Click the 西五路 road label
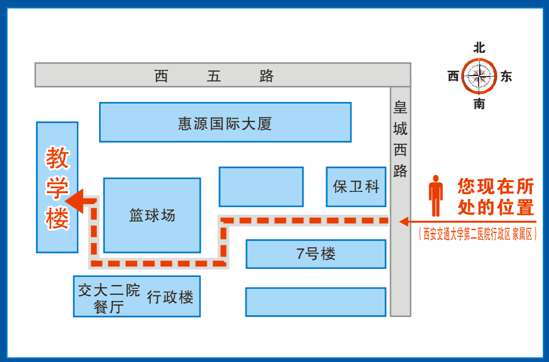(x=214, y=76)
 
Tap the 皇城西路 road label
(x=400, y=139)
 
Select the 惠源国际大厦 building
(x=225, y=124)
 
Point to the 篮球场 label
(x=152, y=215)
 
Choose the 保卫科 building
(x=356, y=187)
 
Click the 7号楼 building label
(x=316, y=254)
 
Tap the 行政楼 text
(x=170, y=297)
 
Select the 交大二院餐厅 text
(x=109, y=298)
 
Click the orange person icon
(x=435, y=196)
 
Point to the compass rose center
(x=480, y=76)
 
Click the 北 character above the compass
(x=480, y=48)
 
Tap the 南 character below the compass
(x=480, y=104)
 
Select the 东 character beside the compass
(x=506, y=76)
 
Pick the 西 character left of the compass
(x=453, y=76)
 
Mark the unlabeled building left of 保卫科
(x=261, y=187)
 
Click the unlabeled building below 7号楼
(x=316, y=302)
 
